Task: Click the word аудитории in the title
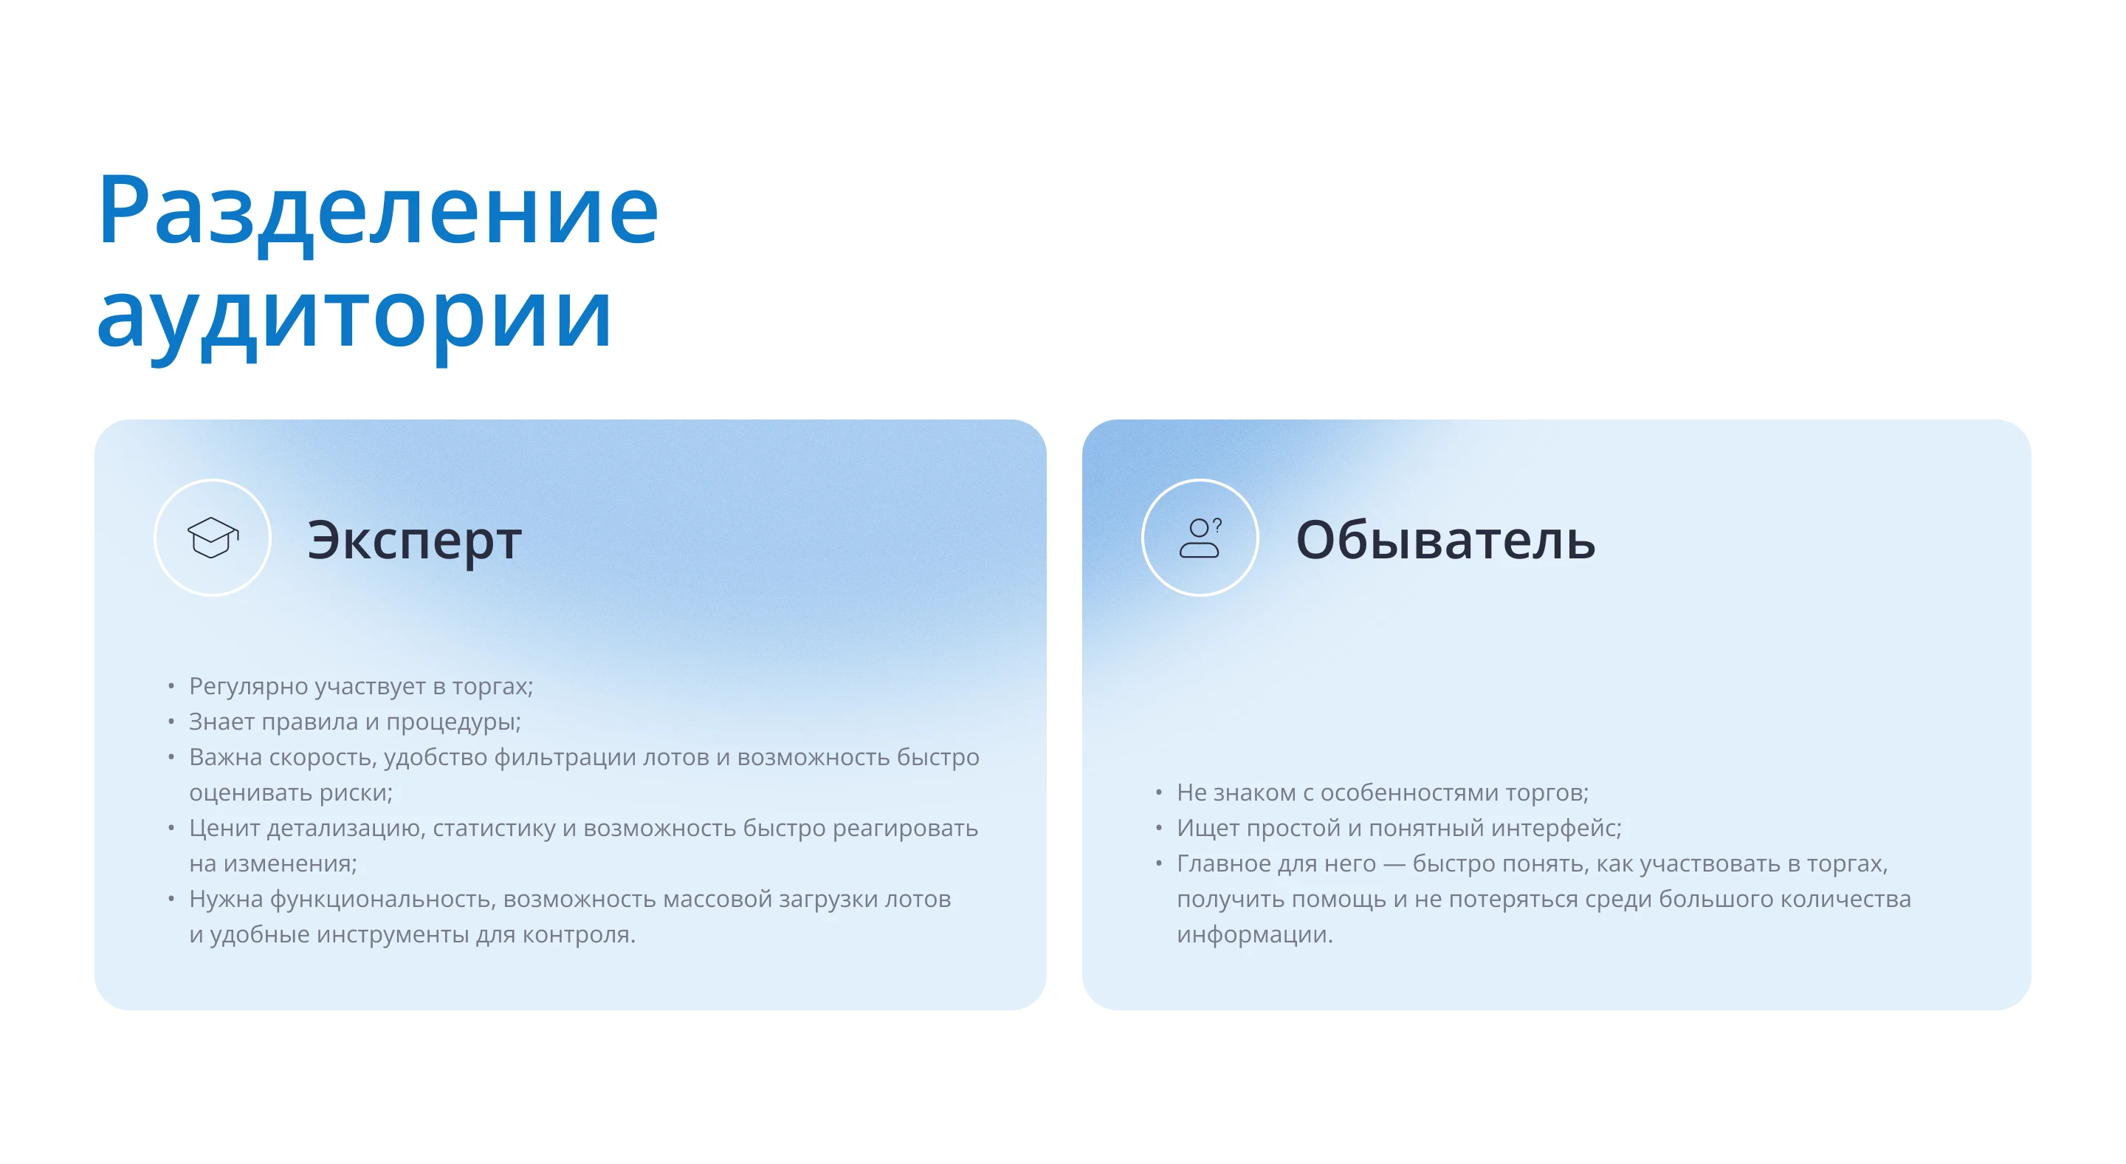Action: pyautogui.click(x=355, y=318)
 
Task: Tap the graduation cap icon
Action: pyautogui.click(x=212, y=538)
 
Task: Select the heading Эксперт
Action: pyautogui.click(x=414, y=541)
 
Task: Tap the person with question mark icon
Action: pyautogui.click(x=1200, y=538)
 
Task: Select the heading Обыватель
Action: pyautogui.click(x=1445, y=541)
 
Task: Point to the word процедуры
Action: pyautogui.click(x=453, y=722)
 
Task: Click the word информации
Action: pyautogui.click(x=1253, y=934)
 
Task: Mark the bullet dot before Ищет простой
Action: pyautogui.click(x=1159, y=827)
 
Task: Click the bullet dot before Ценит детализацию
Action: pyautogui.click(x=171, y=827)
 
